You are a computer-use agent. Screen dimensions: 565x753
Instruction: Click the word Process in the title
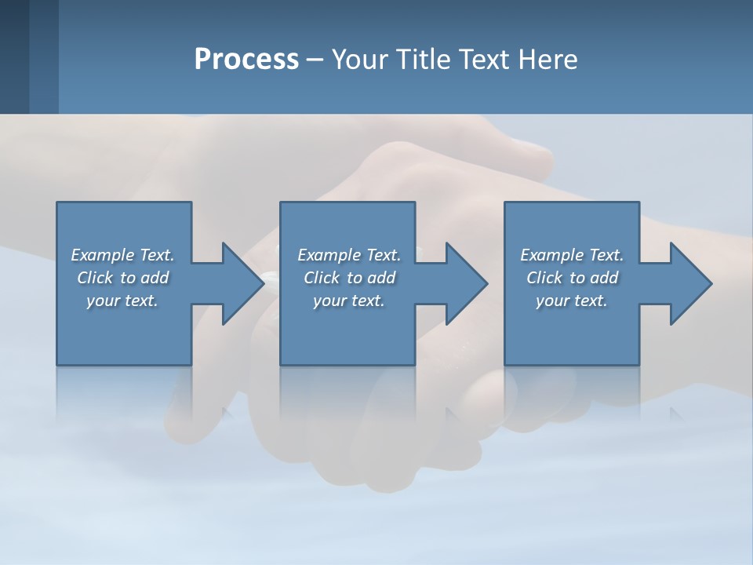(246, 60)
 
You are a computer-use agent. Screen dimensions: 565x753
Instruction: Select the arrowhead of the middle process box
(465, 283)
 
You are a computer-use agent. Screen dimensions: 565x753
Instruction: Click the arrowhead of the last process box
(689, 283)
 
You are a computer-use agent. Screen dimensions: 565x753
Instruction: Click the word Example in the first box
(103, 255)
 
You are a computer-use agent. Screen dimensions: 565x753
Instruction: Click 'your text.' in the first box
(122, 301)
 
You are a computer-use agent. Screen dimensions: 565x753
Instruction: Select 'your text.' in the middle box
(349, 301)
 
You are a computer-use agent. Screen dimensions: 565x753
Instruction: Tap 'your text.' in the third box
(572, 301)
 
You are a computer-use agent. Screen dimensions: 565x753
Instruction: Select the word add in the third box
(604, 278)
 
